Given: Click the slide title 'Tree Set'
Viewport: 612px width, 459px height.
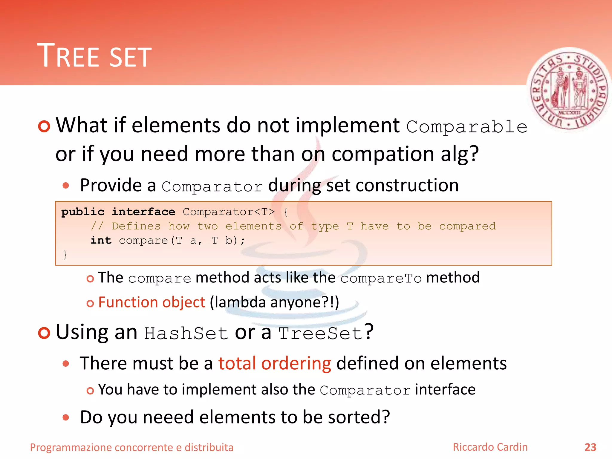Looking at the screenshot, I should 94,56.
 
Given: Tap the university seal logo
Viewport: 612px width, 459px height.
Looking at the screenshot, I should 569,90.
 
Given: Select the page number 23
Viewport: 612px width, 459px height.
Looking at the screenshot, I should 590,447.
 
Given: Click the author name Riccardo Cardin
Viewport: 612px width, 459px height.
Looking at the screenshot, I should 490,447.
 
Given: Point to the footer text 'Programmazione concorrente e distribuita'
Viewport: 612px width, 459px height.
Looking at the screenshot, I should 131,447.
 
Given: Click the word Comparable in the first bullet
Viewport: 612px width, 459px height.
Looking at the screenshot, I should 467,127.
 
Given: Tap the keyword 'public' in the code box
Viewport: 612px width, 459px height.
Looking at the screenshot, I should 83,212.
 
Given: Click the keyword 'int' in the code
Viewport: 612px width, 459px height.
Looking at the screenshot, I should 101,241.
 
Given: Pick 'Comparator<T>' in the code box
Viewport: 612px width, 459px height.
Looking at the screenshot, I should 229,212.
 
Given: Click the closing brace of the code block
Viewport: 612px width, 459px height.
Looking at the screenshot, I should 65,255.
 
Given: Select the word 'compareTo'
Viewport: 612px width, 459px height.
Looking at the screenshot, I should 381,279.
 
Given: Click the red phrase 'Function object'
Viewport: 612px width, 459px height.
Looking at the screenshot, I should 152,302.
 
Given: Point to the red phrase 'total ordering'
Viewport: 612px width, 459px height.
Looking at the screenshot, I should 275,364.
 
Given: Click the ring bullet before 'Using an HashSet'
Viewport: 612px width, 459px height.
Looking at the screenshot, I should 44,333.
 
